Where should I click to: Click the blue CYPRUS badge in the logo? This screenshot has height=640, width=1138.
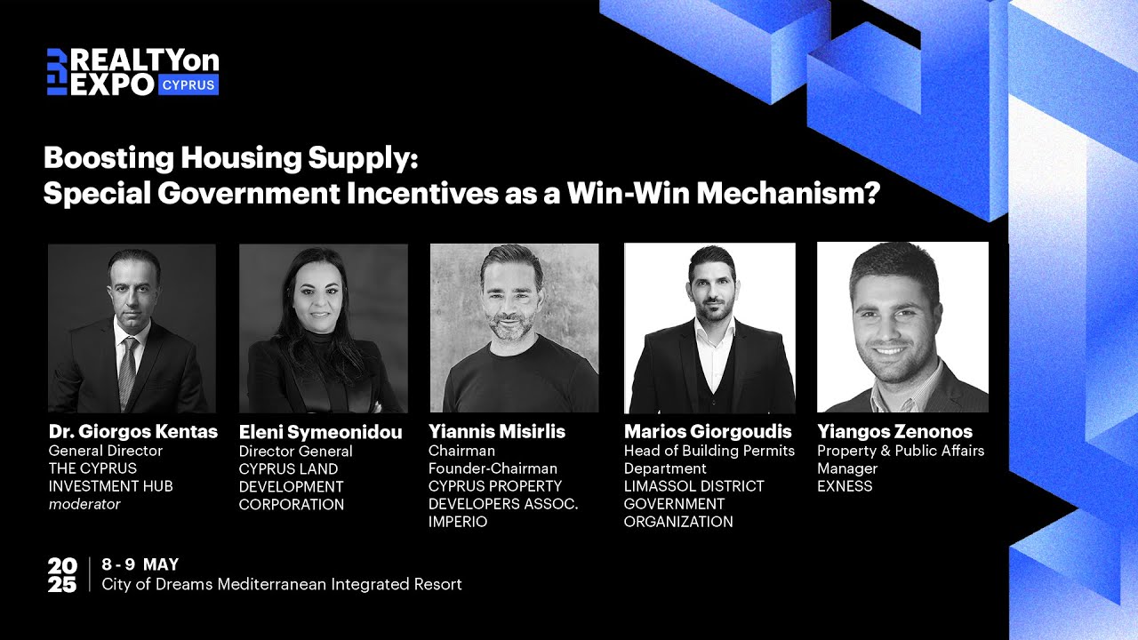pos(188,84)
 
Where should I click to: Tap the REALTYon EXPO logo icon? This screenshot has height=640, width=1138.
pos(57,71)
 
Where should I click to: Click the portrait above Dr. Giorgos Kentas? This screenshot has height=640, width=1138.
pos(132,328)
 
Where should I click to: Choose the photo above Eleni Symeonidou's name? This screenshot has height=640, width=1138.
pos(324,328)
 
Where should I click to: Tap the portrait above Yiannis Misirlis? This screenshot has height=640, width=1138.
pos(514,328)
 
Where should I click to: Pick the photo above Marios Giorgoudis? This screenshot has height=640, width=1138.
pos(709,328)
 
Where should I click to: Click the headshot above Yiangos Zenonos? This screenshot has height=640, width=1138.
pos(902,328)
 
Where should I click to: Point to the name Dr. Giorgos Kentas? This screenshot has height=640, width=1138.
pos(132,432)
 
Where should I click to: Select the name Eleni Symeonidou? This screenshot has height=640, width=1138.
pos(320,433)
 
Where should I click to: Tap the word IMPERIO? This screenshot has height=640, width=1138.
pos(458,522)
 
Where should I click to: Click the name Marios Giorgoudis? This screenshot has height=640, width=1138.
pos(708,432)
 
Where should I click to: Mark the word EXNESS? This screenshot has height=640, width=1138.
pos(845,486)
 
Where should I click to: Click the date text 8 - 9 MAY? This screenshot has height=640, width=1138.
pos(140,564)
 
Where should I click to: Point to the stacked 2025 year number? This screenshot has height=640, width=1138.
pos(62,575)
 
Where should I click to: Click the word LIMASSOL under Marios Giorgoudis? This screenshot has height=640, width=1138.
pos(660,486)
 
